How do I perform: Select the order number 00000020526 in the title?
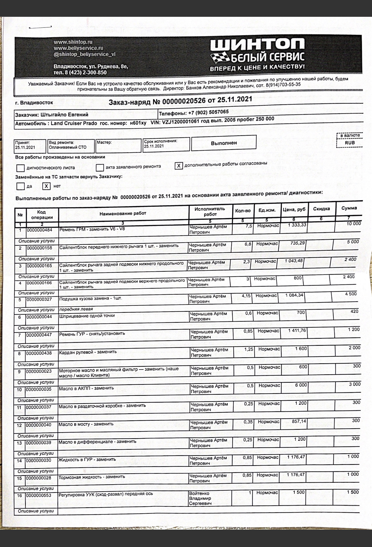(x=184, y=101)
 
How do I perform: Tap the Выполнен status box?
(x=224, y=143)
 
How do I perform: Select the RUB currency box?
(x=350, y=143)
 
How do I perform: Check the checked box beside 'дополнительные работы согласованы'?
(x=179, y=165)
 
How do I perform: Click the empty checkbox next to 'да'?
(x=20, y=186)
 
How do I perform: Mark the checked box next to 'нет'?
(x=46, y=186)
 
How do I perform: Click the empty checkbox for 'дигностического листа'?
(x=20, y=168)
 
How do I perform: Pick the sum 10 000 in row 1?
(x=354, y=223)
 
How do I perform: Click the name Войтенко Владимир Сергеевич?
(x=200, y=498)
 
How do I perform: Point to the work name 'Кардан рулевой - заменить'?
(x=88, y=352)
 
